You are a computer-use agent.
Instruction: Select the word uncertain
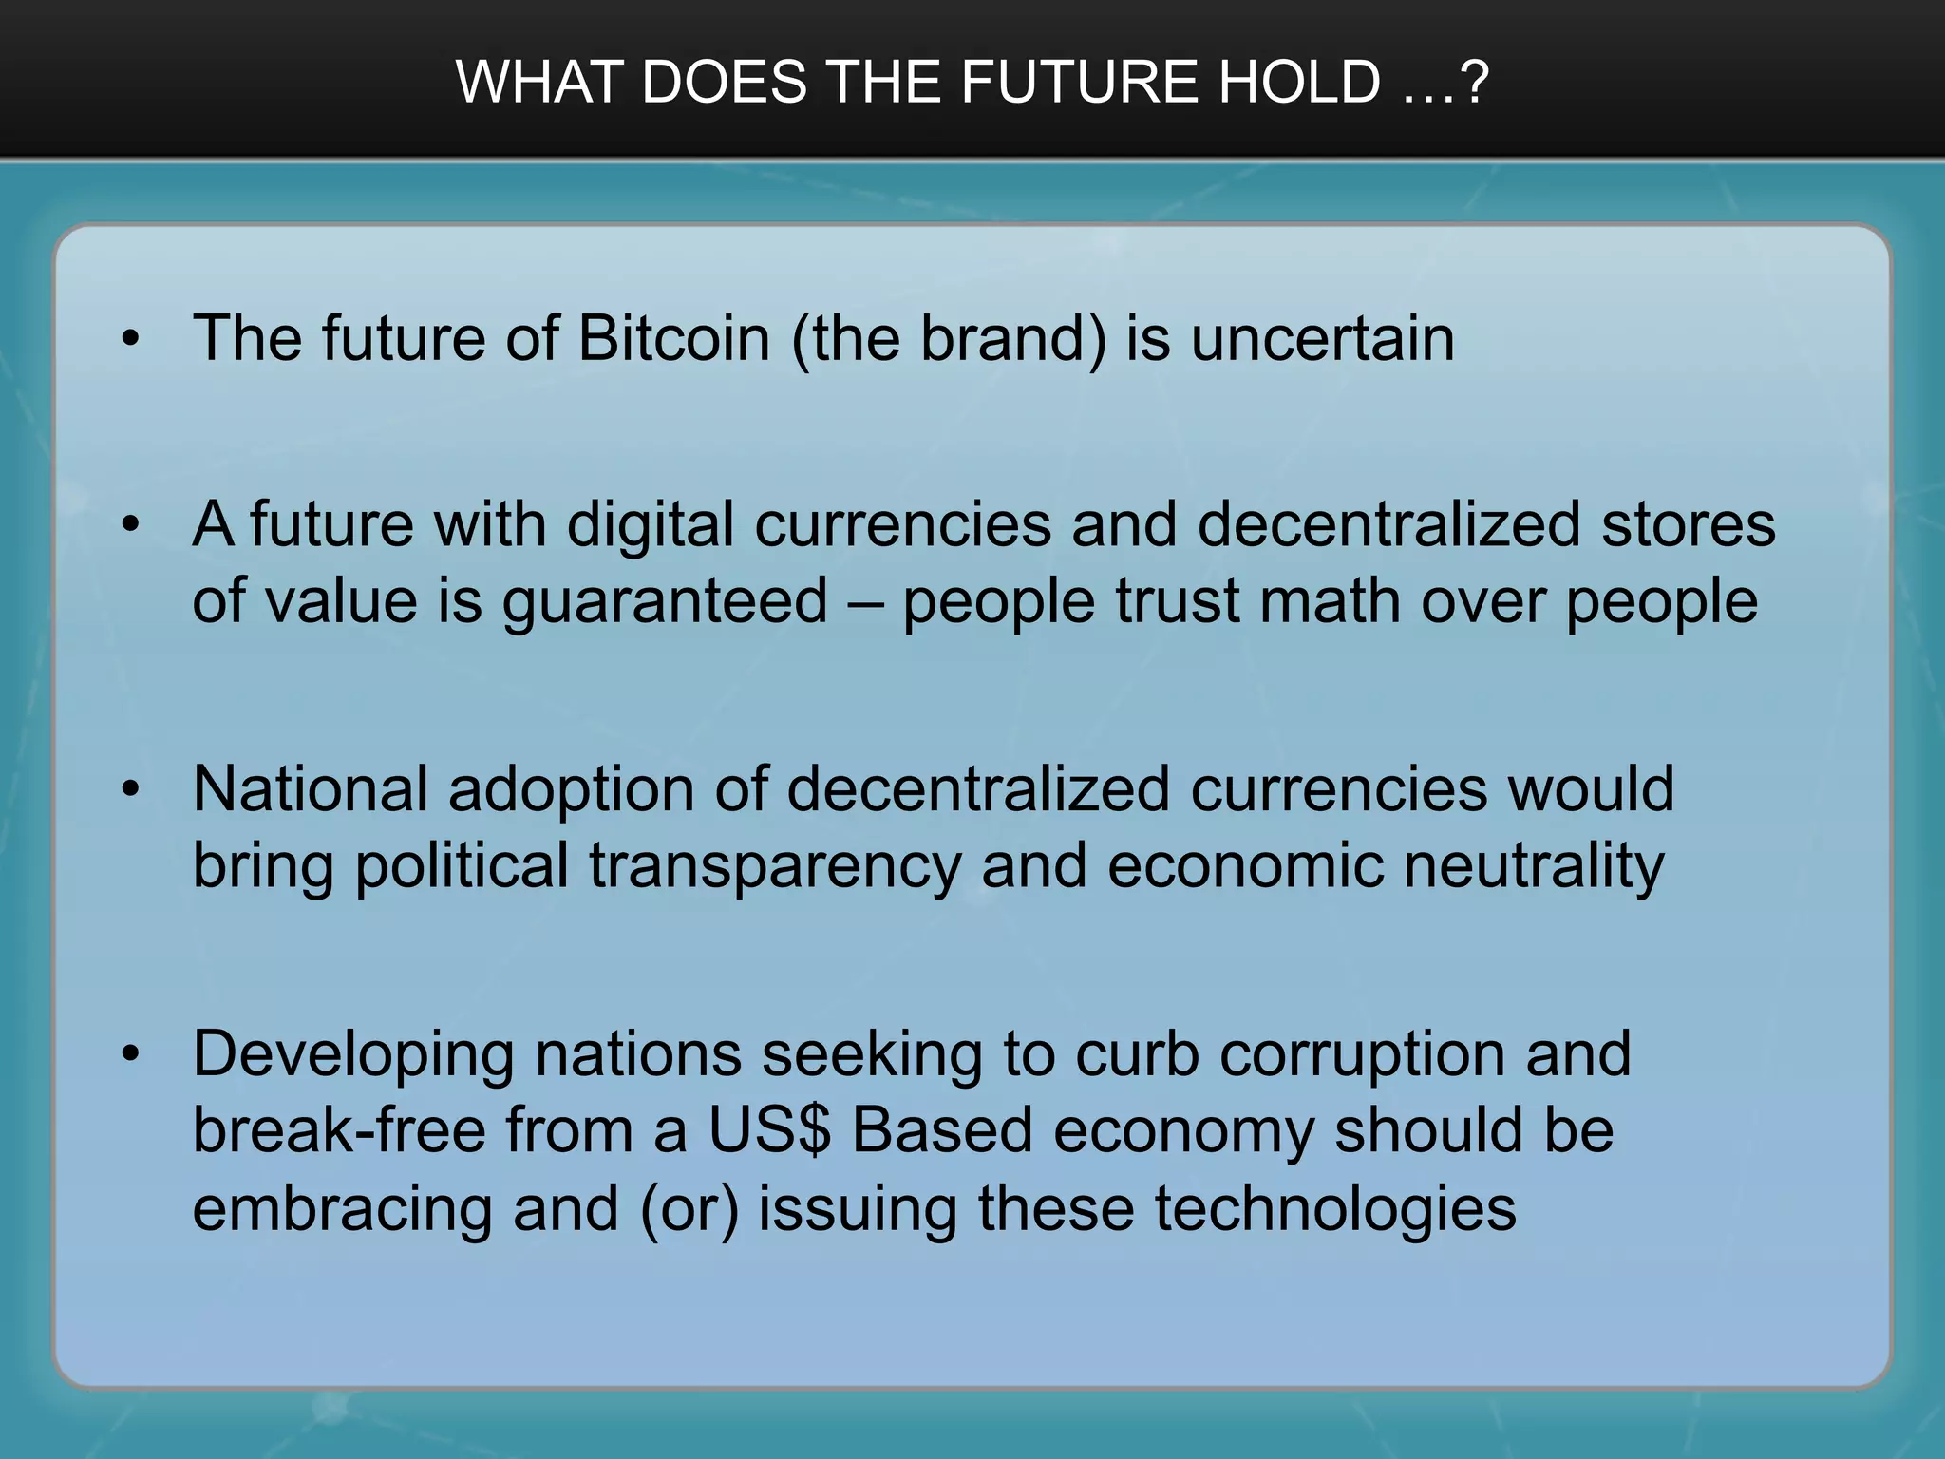(1322, 338)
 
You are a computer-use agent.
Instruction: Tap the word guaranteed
(665, 602)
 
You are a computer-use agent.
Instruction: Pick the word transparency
(775, 866)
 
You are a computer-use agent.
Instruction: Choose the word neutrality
(1533, 866)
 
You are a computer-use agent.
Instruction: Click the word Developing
(352, 1054)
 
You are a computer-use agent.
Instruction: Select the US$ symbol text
(768, 1130)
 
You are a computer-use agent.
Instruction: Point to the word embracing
(342, 1208)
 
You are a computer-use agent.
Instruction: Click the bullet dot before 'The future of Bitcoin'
(130, 339)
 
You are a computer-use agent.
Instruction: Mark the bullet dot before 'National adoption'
(130, 789)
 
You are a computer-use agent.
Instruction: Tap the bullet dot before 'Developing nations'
(130, 1054)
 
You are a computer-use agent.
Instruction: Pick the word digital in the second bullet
(650, 524)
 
